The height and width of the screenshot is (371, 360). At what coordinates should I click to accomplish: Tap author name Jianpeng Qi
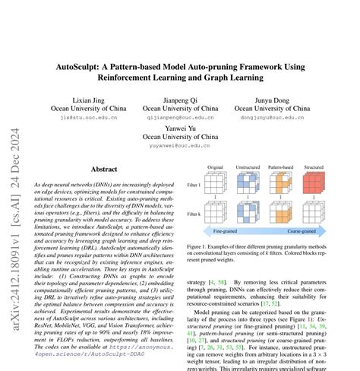pos(180,100)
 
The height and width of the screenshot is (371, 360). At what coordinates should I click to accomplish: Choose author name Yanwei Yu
pos(180,128)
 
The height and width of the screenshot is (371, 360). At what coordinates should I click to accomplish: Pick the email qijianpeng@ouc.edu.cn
pos(180,118)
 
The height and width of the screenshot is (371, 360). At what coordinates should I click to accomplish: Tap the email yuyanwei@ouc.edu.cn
pos(180,146)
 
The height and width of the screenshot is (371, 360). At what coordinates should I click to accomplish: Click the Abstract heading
pos(104,170)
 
